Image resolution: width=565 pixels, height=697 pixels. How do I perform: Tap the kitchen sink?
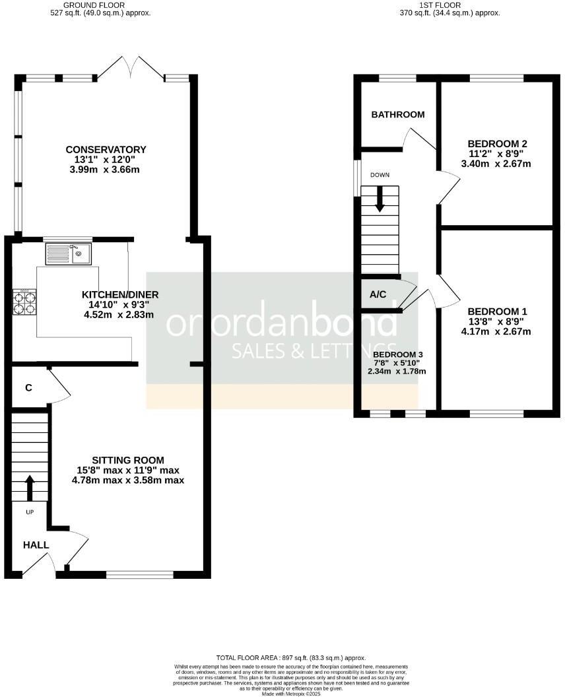(x=69, y=253)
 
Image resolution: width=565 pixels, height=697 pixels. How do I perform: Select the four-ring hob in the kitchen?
(x=24, y=302)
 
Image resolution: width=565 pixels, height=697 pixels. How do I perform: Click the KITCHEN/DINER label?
(x=120, y=294)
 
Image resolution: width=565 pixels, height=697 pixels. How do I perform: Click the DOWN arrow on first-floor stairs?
(x=380, y=199)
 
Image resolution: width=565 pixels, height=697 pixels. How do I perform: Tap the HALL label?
(x=35, y=545)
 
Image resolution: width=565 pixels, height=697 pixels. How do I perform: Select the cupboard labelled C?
(x=28, y=388)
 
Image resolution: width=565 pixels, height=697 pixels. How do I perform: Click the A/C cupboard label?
(x=378, y=295)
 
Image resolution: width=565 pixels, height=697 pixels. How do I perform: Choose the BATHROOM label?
(x=397, y=115)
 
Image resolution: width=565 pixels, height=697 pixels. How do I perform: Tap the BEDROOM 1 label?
(x=497, y=312)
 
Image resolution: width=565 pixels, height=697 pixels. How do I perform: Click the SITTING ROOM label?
(x=127, y=460)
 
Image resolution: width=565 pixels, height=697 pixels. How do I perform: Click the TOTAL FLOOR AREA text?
(x=291, y=658)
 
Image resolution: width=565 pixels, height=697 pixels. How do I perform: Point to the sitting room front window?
(x=139, y=574)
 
